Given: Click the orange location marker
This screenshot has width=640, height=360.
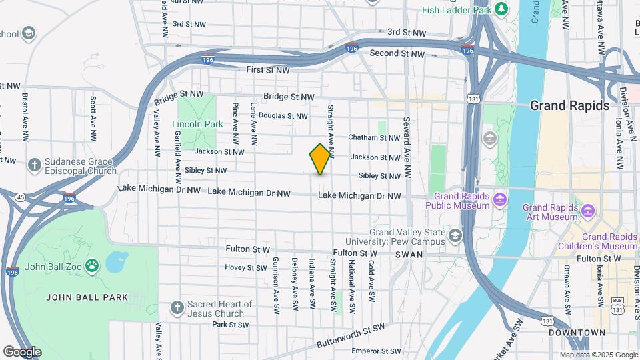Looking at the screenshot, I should click(x=321, y=159).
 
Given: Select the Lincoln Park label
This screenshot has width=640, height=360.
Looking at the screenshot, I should click(x=197, y=124).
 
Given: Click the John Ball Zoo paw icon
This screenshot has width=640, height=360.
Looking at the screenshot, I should click(x=93, y=267).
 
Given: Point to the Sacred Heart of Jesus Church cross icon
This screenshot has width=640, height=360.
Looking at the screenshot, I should click(x=177, y=308).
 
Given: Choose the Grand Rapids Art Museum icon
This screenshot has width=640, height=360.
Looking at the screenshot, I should click(x=588, y=211).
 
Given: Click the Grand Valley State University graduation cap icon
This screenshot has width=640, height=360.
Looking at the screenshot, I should click(x=455, y=235).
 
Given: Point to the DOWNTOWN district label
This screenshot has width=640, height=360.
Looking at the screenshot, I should click(x=577, y=332).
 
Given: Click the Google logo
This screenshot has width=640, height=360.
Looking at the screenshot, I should click(x=22, y=351).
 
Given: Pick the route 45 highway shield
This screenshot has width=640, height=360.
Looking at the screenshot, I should click(x=21, y=197).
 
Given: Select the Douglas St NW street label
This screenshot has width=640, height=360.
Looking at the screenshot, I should click(x=283, y=116).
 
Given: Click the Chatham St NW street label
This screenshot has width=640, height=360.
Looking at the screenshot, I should click(x=375, y=138).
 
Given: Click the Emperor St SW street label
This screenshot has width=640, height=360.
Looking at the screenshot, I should click(x=376, y=351).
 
